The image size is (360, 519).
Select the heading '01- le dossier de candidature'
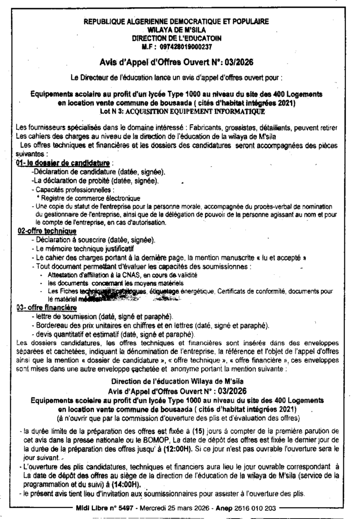63,163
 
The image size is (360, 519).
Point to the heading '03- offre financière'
47,308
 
